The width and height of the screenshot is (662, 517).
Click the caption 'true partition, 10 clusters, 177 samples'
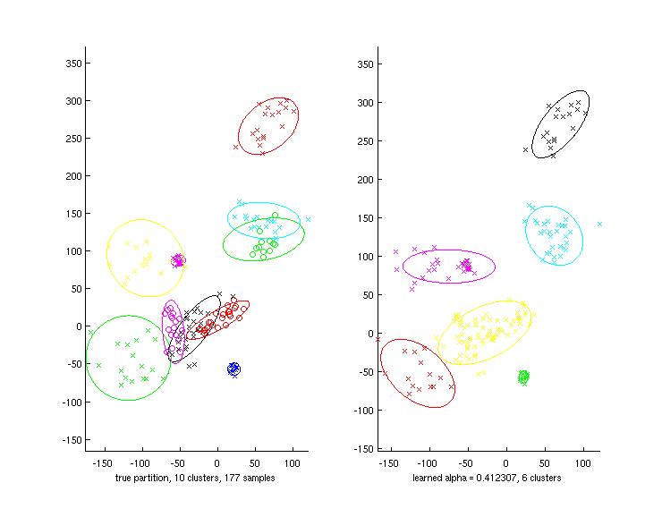click(195, 479)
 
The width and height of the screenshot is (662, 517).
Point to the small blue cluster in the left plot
click(234, 369)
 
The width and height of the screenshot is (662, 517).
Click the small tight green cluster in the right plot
click(523, 377)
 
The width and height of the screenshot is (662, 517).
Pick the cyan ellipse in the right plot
click(553, 234)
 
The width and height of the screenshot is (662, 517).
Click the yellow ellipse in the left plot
click(144, 258)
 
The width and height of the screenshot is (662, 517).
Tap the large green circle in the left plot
click(128, 357)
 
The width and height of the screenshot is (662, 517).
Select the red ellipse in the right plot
click(417, 373)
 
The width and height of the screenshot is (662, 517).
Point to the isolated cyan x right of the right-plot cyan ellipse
click(599, 224)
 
